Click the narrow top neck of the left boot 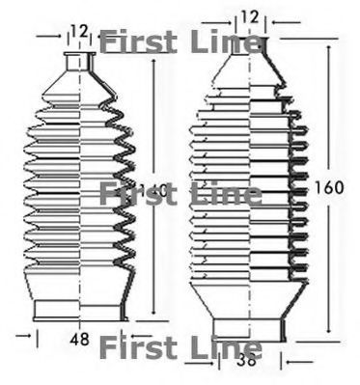(x=80, y=64)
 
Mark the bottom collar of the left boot (x=80, y=310)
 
